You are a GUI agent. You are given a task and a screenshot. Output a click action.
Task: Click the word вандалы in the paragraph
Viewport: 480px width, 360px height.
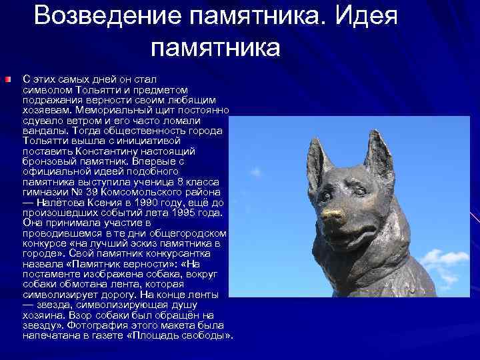pyautogui.click(x=44, y=131)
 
